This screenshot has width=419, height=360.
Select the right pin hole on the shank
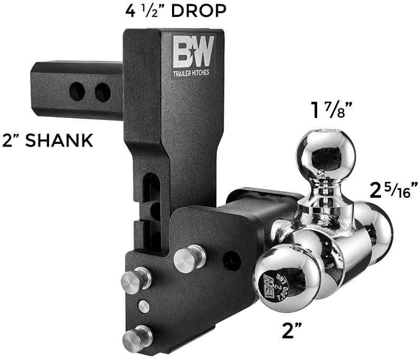102,92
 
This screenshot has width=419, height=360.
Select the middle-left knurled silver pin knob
135,280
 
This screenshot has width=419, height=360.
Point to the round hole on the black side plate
231,258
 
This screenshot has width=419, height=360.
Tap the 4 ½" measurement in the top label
151,11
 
